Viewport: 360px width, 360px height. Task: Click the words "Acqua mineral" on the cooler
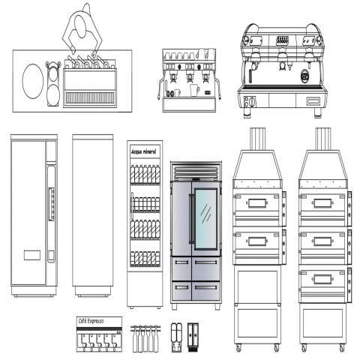[144, 151]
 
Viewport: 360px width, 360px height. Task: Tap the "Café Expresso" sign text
[91, 321]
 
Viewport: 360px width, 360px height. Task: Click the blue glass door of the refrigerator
[205, 219]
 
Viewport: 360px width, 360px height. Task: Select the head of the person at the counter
[80, 26]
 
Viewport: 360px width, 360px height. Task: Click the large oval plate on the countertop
[33, 81]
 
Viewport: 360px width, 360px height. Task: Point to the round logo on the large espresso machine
[305, 76]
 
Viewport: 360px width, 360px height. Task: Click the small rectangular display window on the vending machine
[32, 255]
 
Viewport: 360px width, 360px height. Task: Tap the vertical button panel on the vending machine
[52, 204]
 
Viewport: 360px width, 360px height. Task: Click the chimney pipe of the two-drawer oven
[258, 139]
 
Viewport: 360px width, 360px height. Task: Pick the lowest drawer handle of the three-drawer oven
[322, 279]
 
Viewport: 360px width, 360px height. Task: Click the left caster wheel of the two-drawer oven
[238, 348]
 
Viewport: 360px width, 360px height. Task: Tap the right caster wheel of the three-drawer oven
[342, 348]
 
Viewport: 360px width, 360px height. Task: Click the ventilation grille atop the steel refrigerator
[196, 171]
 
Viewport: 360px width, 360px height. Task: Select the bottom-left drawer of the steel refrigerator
[181, 290]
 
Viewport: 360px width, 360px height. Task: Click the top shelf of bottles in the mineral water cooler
[145, 174]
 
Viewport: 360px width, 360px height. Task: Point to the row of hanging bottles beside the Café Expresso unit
[145, 338]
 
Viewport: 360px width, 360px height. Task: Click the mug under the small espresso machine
[194, 90]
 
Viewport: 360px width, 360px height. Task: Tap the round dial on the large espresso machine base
[253, 101]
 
